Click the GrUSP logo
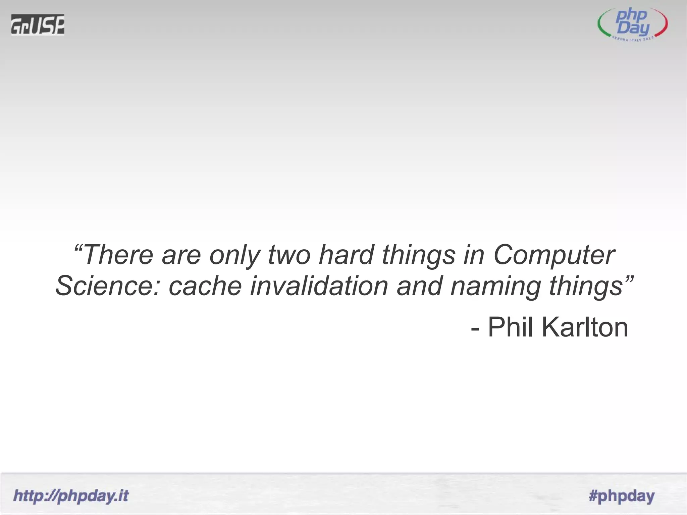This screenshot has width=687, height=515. [38, 24]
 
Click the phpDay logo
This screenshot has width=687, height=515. [633, 25]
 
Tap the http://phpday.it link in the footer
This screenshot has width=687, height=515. [71, 496]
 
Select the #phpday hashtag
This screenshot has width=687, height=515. [621, 496]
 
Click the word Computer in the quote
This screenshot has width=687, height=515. [554, 255]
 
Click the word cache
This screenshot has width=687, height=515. [205, 286]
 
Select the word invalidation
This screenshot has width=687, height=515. [319, 286]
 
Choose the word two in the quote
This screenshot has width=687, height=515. [289, 255]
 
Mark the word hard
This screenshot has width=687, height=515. [346, 255]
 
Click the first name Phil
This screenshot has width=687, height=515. [510, 327]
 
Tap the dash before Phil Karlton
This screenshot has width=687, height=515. [475, 329]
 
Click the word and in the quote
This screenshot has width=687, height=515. [419, 286]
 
